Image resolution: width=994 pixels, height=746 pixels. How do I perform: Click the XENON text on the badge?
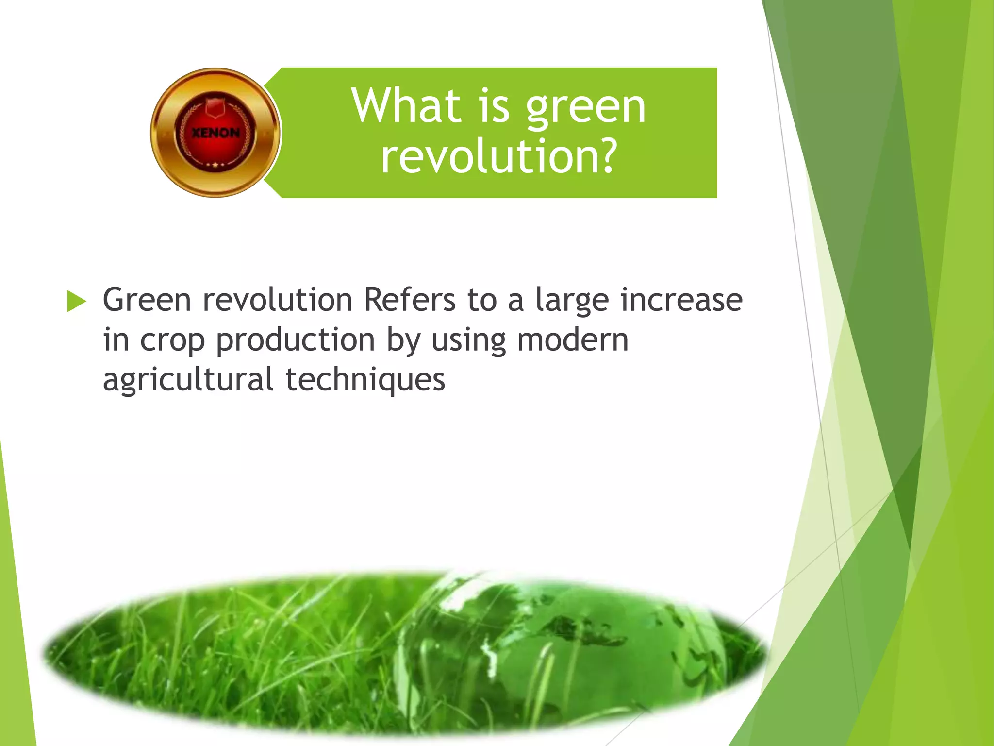tap(215, 133)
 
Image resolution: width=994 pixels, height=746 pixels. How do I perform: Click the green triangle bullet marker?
tap(76, 301)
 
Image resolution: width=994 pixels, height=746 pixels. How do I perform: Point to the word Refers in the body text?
tap(409, 300)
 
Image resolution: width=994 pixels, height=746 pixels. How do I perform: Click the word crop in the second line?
tap(172, 340)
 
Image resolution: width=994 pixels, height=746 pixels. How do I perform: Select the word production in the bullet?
tap(295, 340)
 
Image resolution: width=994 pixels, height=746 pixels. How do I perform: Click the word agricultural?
tap(188, 380)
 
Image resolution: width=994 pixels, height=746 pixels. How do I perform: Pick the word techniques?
tap(365, 380)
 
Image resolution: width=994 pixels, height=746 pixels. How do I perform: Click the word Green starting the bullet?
tap(147, 300)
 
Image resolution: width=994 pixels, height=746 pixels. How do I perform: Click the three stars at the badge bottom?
tap(215, 165)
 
